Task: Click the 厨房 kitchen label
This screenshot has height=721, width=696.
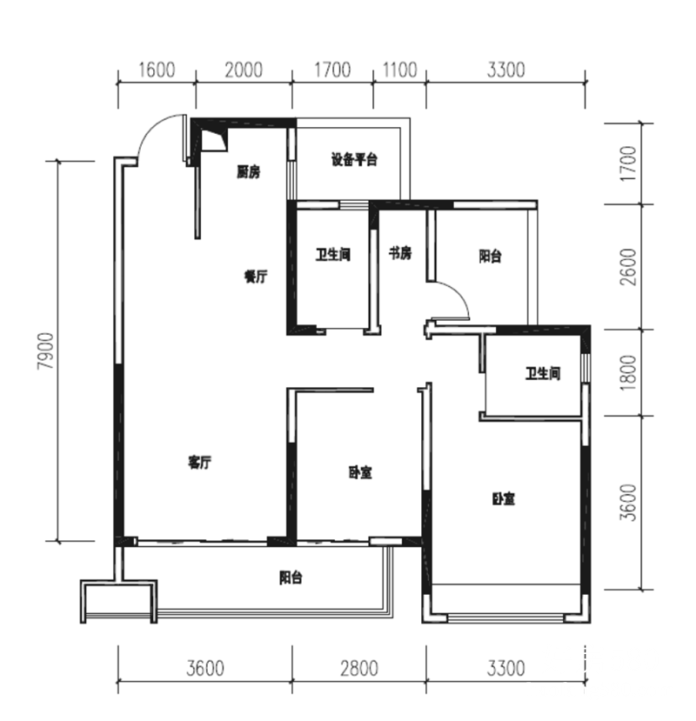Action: coord(249,172)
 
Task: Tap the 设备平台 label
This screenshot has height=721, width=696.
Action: coord(354,159)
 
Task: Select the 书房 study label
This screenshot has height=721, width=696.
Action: coord(400,253)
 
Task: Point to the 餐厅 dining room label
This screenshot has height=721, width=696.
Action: coord(255,277)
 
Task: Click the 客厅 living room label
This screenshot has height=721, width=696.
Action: coord(199,462)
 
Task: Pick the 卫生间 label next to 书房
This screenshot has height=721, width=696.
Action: coord(333,254)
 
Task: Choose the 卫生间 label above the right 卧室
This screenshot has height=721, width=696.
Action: coord(543,373)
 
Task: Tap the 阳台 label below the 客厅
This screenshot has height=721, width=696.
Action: coord(291,577)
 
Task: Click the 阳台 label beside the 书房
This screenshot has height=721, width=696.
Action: coord(490,256)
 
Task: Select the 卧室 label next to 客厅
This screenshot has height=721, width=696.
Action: coord(360,472)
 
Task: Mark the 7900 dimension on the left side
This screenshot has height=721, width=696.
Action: coord(46,350)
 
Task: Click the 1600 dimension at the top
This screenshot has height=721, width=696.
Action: coord(157,70)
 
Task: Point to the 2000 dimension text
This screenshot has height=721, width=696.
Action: coord(244,70)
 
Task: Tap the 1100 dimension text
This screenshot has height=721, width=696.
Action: coord(399,70)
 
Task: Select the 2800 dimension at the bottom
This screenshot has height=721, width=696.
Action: coord(358,668)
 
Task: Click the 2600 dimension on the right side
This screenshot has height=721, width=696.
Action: coord(628,267)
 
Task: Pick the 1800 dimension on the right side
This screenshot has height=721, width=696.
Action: coord(628,372)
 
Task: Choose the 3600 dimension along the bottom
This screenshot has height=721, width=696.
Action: coord(205,668)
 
